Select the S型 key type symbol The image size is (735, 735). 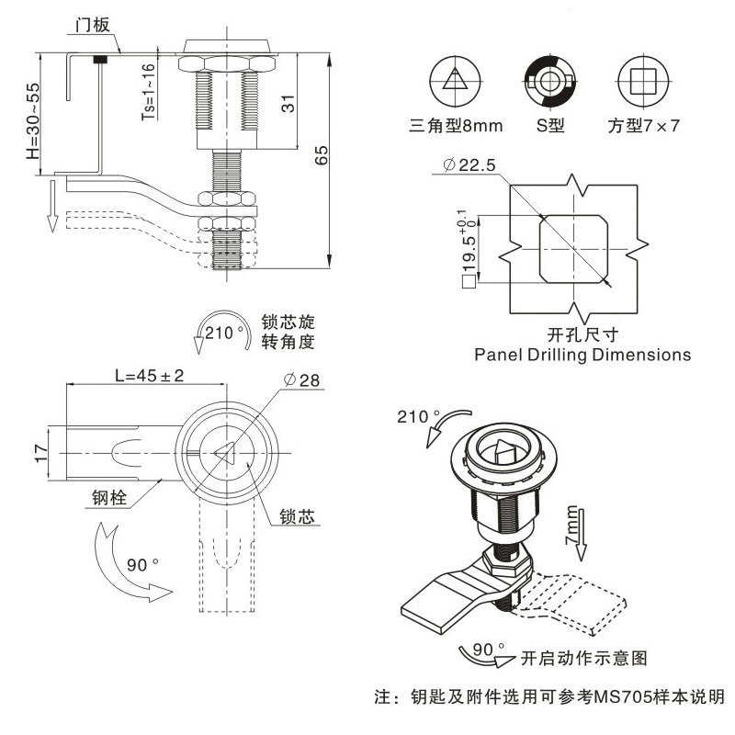(x=549, y=80)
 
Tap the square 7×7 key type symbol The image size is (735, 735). (x=641, y=80)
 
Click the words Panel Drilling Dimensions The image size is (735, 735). (x=582, y=354)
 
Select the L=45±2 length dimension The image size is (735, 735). (x=150, y=376)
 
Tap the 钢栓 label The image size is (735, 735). (x=108, y=500)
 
